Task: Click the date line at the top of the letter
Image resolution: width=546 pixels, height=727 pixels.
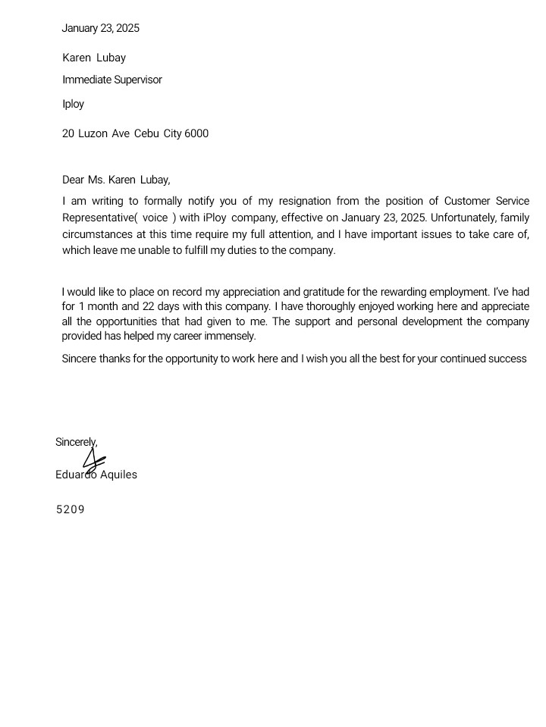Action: (x=100, y=29)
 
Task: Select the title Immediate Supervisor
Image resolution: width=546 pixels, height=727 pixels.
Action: (x=112, y=80)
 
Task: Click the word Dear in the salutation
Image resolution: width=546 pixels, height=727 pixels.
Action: (x=73, y=180)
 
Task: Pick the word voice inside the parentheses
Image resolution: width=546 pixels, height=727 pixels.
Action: (x=155, y=218)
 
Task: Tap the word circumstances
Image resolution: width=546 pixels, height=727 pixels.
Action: (x=97, y=234)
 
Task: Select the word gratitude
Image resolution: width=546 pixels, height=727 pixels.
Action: (x=323, y=293)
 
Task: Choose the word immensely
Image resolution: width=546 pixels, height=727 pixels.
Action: (x=232, y=337)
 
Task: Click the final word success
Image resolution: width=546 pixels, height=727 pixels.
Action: (x=506, y=359)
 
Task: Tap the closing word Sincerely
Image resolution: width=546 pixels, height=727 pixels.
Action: (x=76, y=442)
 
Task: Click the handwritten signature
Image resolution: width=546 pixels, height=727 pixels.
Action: (x=93, y=460)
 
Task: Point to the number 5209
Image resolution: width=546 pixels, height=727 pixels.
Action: (x=70, y=510)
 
